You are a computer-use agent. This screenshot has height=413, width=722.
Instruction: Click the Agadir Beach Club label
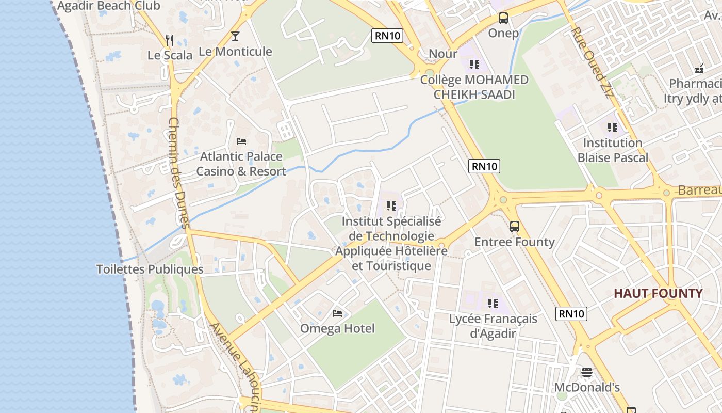click(109, 6)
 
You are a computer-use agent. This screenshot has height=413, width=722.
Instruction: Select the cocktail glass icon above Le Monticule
click(235, 36)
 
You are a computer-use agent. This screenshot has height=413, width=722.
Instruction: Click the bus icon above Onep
click(503, 18)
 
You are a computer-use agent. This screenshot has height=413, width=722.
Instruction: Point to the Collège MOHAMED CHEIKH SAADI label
click(474, 87)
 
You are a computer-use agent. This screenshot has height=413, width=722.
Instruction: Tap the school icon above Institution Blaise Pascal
click(613, 127)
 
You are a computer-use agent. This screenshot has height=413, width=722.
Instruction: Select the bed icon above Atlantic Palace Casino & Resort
click(241, 141)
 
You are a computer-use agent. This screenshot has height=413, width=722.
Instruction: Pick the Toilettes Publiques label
click(150, 269)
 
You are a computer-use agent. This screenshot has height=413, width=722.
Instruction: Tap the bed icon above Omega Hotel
click(337, 313)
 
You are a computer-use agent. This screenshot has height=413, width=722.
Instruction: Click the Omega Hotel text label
click(337, 328)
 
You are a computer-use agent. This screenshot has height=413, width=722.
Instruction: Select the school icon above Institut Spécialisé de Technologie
click(391, 206)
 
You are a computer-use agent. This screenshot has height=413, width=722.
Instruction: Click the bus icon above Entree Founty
click(514, 226)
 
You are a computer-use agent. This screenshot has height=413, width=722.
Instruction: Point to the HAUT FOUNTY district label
click(658, 294)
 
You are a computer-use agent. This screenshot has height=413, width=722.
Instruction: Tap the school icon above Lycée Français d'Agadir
click(493, 304)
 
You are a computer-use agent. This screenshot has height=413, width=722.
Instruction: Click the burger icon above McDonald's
click(586, 372)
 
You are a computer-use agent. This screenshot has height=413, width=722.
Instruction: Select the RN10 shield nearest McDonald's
click(572, 313)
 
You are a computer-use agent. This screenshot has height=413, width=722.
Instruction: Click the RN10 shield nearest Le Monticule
click(387, 36)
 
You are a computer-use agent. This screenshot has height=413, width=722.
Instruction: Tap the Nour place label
click(443, 54)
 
